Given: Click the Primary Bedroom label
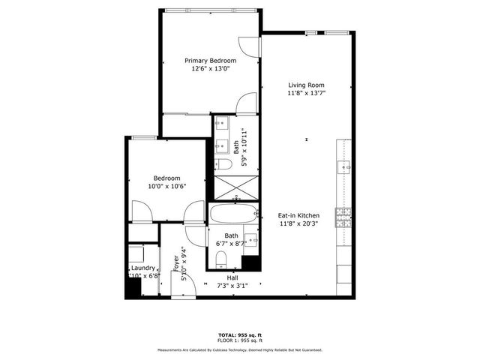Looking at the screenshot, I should coord(211,61).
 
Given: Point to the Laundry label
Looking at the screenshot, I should coord(142,268).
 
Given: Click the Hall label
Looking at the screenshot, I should coord(232,277).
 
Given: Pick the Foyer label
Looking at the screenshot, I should coord(177,263).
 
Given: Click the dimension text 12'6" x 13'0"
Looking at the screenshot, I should coord(211,69).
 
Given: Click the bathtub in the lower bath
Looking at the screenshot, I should coord(233,213).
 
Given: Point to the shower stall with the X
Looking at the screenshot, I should coord(235,184).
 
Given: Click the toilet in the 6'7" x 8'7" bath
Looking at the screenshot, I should coord(220,259).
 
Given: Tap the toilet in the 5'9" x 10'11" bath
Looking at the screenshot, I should coord(223,164).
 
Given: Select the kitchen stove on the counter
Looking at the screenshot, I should coord(344,217).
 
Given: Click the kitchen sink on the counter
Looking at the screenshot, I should coord(344,166).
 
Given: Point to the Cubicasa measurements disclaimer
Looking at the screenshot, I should coord(239,349).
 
